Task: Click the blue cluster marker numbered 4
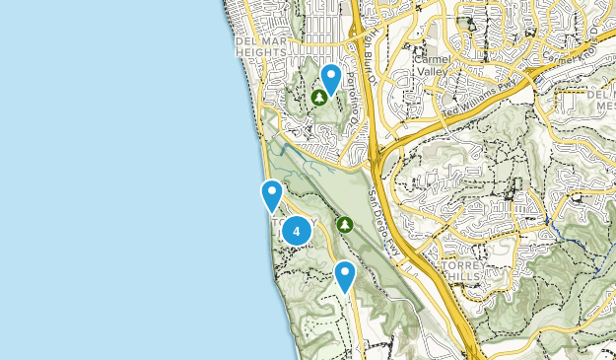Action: [297, 231]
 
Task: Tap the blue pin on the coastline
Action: [272, 194]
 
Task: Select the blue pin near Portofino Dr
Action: [331, 77]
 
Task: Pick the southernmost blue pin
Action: [344, 275]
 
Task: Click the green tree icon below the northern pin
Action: [318, 98]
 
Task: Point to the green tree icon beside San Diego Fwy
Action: [344, 225]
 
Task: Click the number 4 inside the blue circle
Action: [297, 231]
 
